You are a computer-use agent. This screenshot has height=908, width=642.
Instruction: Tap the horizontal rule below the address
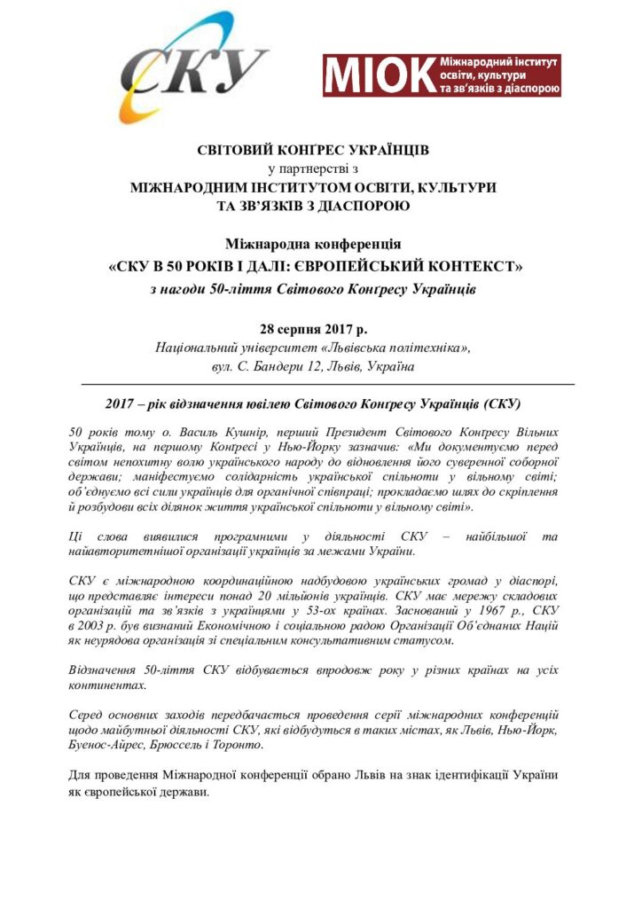coord(328,384)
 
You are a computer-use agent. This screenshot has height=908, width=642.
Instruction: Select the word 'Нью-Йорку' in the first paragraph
coord(300,446)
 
